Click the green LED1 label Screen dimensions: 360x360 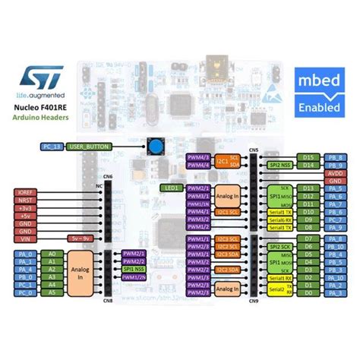click(172, 187)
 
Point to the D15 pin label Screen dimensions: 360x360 click(308, 156)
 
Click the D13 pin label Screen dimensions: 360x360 click(308, 187)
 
